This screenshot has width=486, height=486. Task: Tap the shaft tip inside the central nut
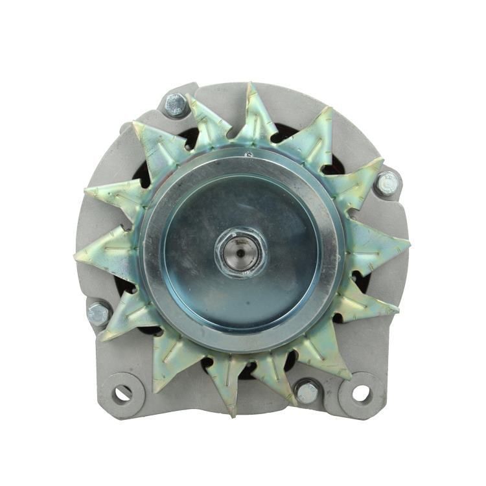click(x=240, y=249)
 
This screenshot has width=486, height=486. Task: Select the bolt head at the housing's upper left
click(x=176, y=104)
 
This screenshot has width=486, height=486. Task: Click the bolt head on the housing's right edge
click(x=388, y=183)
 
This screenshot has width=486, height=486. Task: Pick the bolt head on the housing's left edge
click(x=99, y=314)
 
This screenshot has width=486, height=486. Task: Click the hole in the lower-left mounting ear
click(x=122, y=392)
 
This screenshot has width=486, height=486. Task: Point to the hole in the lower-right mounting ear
click(x=360, y=393)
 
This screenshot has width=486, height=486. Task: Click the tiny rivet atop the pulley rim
click(x=247, y=154)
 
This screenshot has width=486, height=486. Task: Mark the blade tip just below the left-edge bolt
click(x=104, y=337)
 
